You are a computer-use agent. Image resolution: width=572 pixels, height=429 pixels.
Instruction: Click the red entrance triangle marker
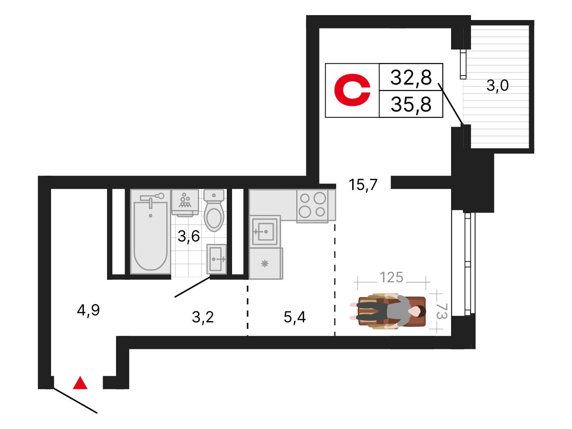click(80, 383)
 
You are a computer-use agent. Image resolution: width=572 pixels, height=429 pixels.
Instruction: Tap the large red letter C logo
click(352, 90)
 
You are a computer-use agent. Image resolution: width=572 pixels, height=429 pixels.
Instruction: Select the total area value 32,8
click(411, 78)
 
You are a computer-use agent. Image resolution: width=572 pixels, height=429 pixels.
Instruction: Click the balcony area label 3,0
click(497, 85)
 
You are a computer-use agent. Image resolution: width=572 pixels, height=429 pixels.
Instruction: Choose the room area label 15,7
click(363, 185)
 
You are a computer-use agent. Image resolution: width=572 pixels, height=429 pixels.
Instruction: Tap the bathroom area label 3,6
click(188, 236)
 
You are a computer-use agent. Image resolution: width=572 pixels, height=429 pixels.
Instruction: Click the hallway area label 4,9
click(88, 310)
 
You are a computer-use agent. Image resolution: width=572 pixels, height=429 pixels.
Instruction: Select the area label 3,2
click(203, 317)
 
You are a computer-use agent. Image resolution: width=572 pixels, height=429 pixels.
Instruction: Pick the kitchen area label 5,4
click(295, 317)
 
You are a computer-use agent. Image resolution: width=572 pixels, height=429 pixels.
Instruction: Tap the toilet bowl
click(214, 210)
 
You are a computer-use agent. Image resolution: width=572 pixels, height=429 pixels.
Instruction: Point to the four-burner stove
click(313, 206)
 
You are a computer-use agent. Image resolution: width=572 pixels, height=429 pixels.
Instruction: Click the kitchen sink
click(265, 231)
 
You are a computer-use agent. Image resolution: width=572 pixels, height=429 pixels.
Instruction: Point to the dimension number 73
click(441, 311)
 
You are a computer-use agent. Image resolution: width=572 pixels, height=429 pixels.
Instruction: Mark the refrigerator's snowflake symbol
click(265, 264)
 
